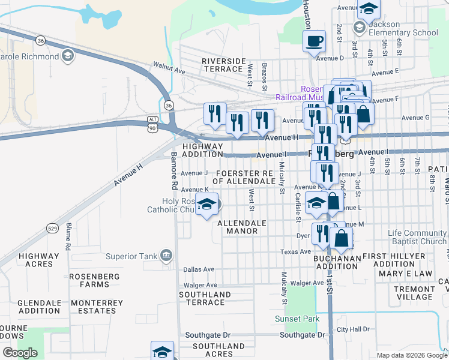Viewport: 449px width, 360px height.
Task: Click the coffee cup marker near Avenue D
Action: click(314, 41)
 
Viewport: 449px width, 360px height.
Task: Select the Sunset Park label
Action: click(297, 319)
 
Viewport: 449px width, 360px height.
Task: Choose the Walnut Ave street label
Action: click(169, 66)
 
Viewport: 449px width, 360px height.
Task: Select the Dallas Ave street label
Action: click(199, 270)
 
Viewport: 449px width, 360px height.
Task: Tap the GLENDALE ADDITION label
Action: click(39, 307)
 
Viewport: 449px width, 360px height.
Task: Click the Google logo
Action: click(20, 353)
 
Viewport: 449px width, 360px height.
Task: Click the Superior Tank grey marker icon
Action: click(166, 257)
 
